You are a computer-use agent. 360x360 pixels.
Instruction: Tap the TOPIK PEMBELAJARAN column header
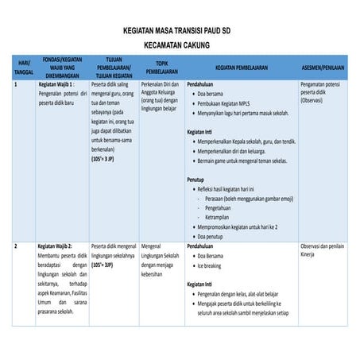coord(162,68)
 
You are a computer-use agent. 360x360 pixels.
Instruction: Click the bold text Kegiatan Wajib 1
coord(56,83)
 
